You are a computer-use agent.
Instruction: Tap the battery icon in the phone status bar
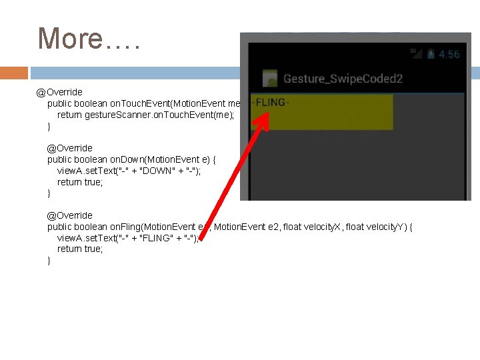[431, 54]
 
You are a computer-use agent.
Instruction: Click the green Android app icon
[271, 78]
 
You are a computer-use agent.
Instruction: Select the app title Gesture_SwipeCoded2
[343, 79]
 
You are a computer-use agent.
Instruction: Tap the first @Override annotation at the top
[60, 92]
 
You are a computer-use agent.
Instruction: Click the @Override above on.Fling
[69, 215]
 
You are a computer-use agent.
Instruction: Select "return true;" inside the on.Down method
[80, 182]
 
